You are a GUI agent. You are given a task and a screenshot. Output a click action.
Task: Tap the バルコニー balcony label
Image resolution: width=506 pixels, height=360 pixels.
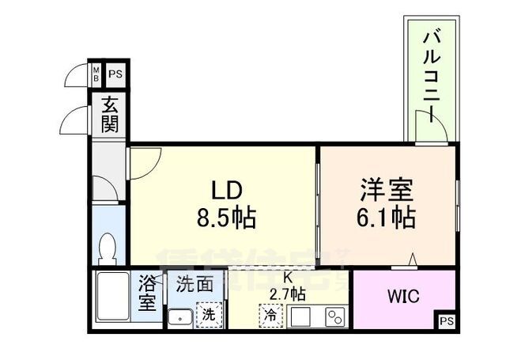tap(431, 72)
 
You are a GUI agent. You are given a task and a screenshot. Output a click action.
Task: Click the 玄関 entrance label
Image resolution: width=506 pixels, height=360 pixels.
tap(108, 116)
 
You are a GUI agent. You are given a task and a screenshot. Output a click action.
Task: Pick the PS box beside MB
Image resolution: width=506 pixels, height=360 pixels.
tap(115, 75)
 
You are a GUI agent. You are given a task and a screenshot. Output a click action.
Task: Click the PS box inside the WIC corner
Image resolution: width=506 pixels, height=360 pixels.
tap(447, 321)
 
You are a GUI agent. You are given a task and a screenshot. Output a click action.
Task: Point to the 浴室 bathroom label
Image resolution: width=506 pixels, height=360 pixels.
tap(148, 292)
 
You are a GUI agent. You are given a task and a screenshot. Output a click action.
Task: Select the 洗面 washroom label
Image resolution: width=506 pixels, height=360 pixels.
tap(194, 283)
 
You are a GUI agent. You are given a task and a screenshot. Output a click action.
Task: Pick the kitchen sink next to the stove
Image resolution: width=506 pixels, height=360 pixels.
tap(301, 316)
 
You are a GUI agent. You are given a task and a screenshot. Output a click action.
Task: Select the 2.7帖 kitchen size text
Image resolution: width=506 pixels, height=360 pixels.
tap(289, 294)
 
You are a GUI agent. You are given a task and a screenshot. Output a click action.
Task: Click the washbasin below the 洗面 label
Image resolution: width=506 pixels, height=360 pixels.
tap(180, 318)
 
